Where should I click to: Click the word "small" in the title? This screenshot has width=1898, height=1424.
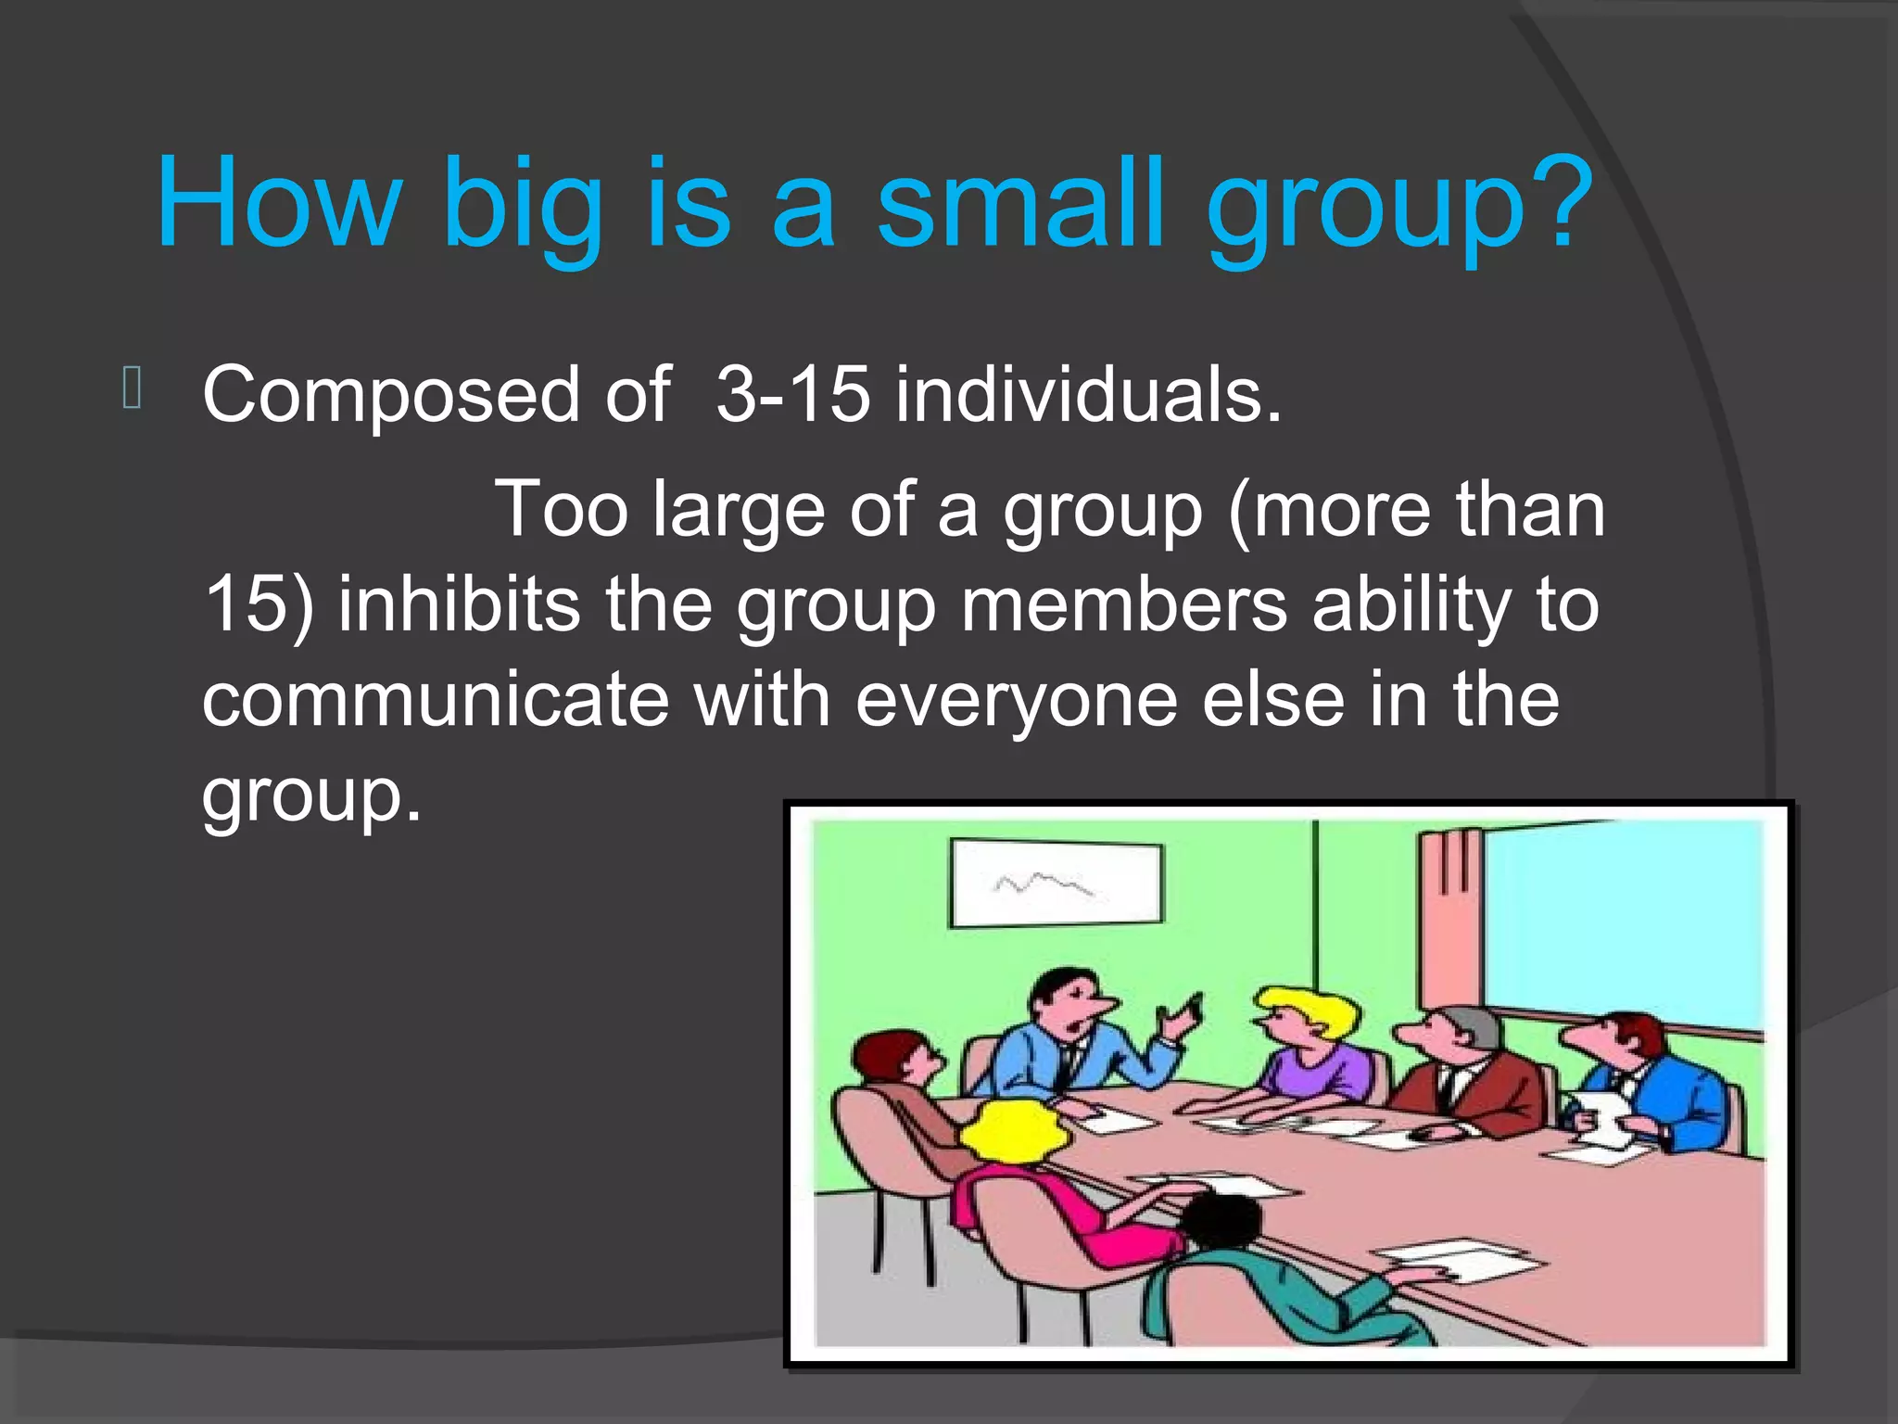1019,204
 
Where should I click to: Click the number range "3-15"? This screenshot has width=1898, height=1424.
792,395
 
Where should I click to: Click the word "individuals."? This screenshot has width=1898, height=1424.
1088,395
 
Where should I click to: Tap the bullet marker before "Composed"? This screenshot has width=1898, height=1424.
132,388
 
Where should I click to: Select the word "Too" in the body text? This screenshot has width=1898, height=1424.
562,509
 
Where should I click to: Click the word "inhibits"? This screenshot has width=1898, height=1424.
459,604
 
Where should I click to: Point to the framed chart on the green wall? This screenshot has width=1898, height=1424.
1056,884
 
